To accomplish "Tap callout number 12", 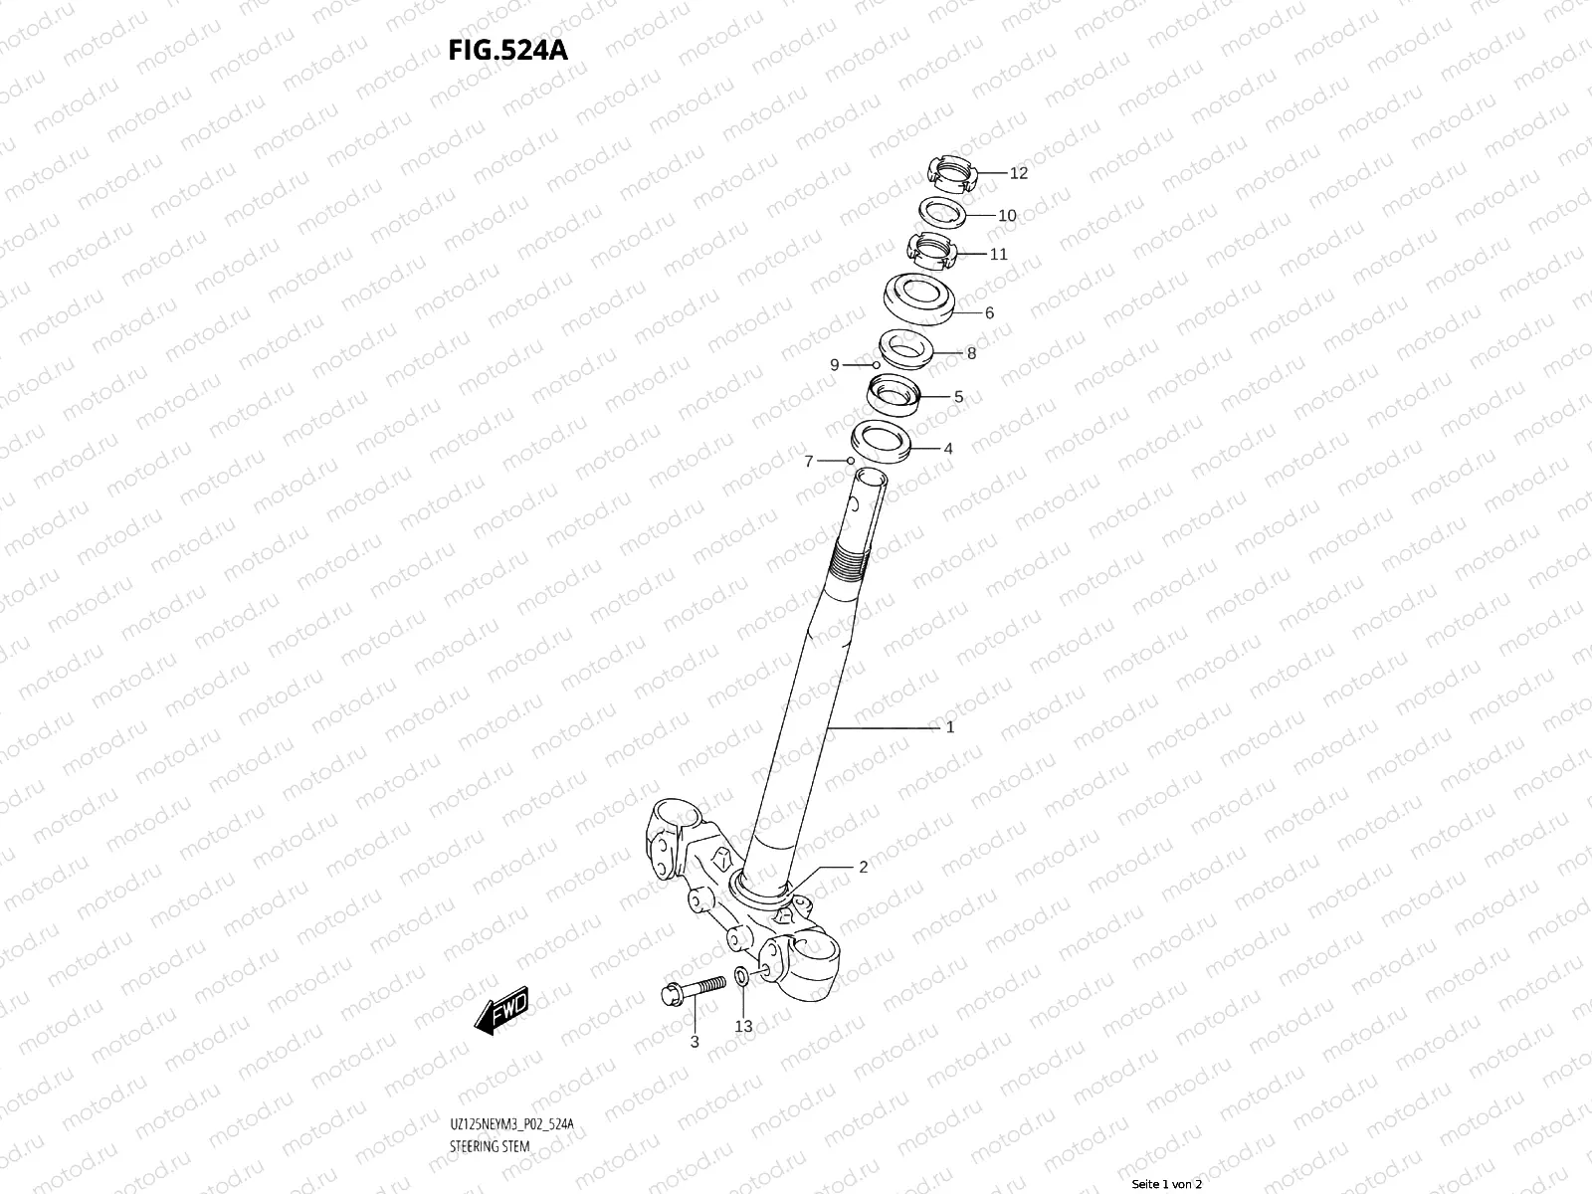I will click(x=1018, y=173).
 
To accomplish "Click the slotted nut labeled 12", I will click(x=952, y=176).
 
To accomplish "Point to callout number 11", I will click(x=998, y=254).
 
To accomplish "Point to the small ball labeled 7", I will click(x=850, y=461).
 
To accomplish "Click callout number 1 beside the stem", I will click(x=950, y=727).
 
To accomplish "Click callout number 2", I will click(x=863, y=867).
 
